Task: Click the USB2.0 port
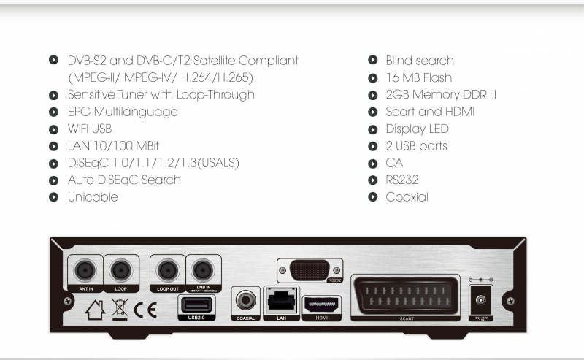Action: tap(193, 303)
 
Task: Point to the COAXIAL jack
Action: tap(245, 300)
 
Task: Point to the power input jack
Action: tap(482, 301)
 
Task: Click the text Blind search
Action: tap(420, 61)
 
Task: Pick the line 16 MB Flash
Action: tap(419, 77)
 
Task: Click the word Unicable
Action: tap(93, 197)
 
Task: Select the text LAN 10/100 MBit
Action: tap(113, 146)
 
